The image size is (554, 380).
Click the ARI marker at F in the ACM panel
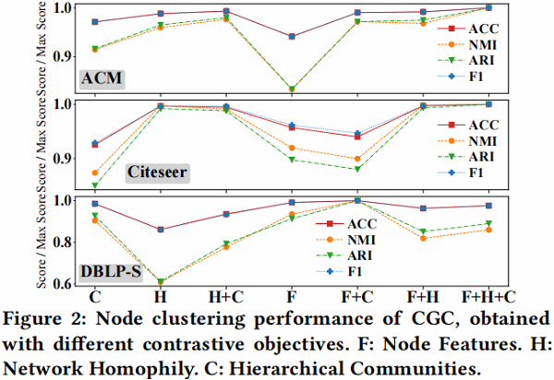pyautogui.click(x=291, y=89)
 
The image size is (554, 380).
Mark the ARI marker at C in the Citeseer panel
pyautogui.click(x=94, y=186)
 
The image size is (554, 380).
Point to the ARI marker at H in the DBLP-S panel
pyautogui.click(x=160, y=281)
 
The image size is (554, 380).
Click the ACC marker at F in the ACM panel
pyautogui.click(x=291, y=36)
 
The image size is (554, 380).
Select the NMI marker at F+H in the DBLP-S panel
pyautogui.click(x=422, y=238)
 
